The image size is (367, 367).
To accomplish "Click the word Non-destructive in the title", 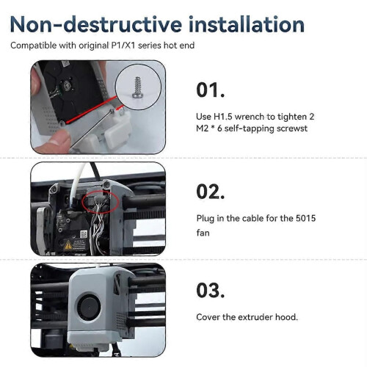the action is (95, 24).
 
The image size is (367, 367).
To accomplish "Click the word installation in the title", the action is (247, 24).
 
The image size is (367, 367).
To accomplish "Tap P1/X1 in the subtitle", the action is (123, 46).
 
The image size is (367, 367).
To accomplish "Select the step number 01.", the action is (210, 90).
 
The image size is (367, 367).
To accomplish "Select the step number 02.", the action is (210, 192).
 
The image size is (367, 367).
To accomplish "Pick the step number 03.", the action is (210, 291).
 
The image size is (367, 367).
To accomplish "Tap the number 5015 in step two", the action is (305, 218).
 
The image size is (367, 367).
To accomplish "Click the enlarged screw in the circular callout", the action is (137, 87).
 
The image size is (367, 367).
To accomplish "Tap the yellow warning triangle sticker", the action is (68, 245).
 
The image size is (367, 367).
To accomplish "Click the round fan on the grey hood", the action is (89, 307).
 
